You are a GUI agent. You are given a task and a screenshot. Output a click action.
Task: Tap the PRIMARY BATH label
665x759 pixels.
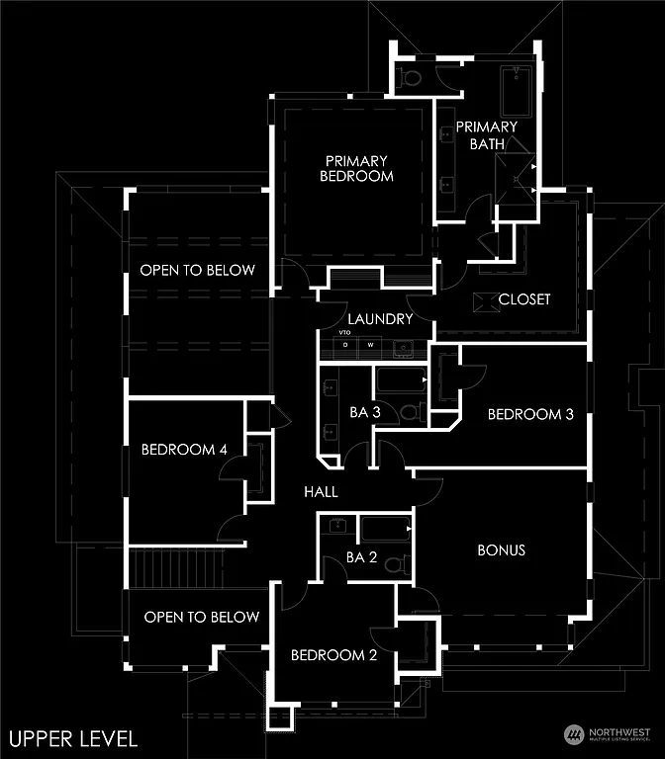pyautogui.click(x=486, y=135)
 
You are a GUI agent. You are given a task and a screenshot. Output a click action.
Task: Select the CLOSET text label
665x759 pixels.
pyautogui.click(x=524, y=298)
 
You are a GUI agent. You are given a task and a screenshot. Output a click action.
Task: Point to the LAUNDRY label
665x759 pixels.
pyautogui.click(x=380, y=319)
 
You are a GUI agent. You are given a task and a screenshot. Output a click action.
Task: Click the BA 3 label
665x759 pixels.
pyautogui.click(x=365, y=412)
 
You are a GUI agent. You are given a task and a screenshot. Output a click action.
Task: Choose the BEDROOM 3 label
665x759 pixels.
pyautogui.click(x=530, y=414)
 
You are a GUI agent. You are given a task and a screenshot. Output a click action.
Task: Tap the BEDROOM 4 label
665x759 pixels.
pyautogui.click(x=184, y=450)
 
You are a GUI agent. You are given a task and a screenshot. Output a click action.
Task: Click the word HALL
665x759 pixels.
pyautogui.click(x=321, y=491)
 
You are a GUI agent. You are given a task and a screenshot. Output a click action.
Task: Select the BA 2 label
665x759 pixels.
pyautogui.click(x=362, y=557)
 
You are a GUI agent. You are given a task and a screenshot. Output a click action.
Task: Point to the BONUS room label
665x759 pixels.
pyautogui.click(x=501, y=549)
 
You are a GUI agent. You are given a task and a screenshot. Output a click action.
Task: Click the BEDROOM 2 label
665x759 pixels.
pyautogui.click(x=332, y=655)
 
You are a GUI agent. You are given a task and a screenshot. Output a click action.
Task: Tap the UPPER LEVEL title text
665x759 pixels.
pyautogui.click(x=73, y=737)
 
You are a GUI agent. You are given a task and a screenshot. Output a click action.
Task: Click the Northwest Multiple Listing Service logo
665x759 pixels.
pyautogui.click(x=607, y=734)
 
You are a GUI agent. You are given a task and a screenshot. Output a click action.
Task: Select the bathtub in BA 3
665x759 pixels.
pyautogui.click(x=400, y=379)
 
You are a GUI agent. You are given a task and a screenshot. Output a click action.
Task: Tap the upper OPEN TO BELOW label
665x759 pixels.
pyautogui.click(x=197, y=270)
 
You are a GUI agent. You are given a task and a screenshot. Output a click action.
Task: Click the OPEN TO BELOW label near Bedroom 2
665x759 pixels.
pyautogui.click(x=201, y=617)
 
